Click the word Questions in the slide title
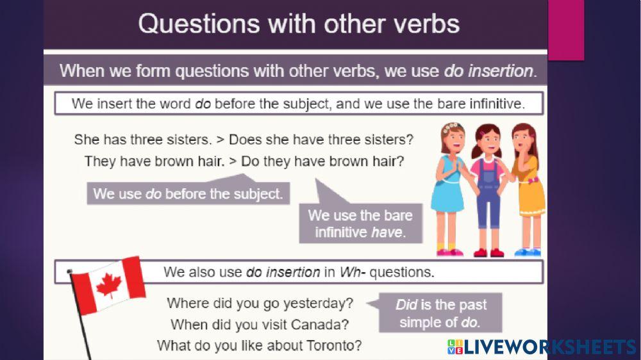199,24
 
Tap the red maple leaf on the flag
109,285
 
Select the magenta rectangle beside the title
566,30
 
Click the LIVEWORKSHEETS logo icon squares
455,347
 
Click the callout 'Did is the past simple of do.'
440,313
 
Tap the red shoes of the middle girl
488,253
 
